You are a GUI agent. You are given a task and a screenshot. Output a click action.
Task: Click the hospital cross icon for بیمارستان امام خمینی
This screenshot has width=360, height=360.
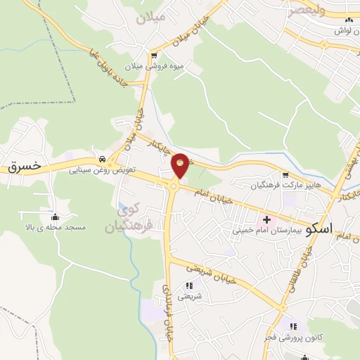266,220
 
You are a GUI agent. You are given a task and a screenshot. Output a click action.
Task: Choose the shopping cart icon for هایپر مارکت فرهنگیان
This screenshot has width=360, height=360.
285,176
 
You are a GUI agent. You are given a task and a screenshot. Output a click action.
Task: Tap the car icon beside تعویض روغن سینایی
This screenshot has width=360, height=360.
103,158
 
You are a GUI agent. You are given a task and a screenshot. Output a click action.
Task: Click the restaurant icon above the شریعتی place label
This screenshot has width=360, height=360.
188,285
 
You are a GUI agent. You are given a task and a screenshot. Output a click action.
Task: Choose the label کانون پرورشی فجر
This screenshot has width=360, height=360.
292,337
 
